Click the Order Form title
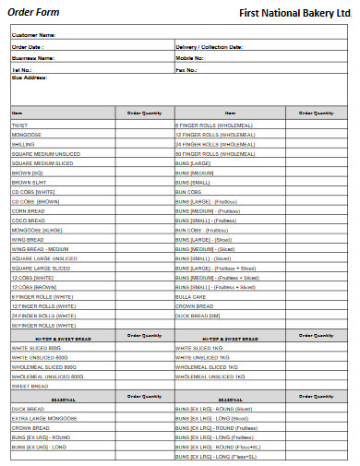34,13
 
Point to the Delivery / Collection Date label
209,46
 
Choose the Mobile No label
189,57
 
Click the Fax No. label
186,68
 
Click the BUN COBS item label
189,191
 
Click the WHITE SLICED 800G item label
36,347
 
